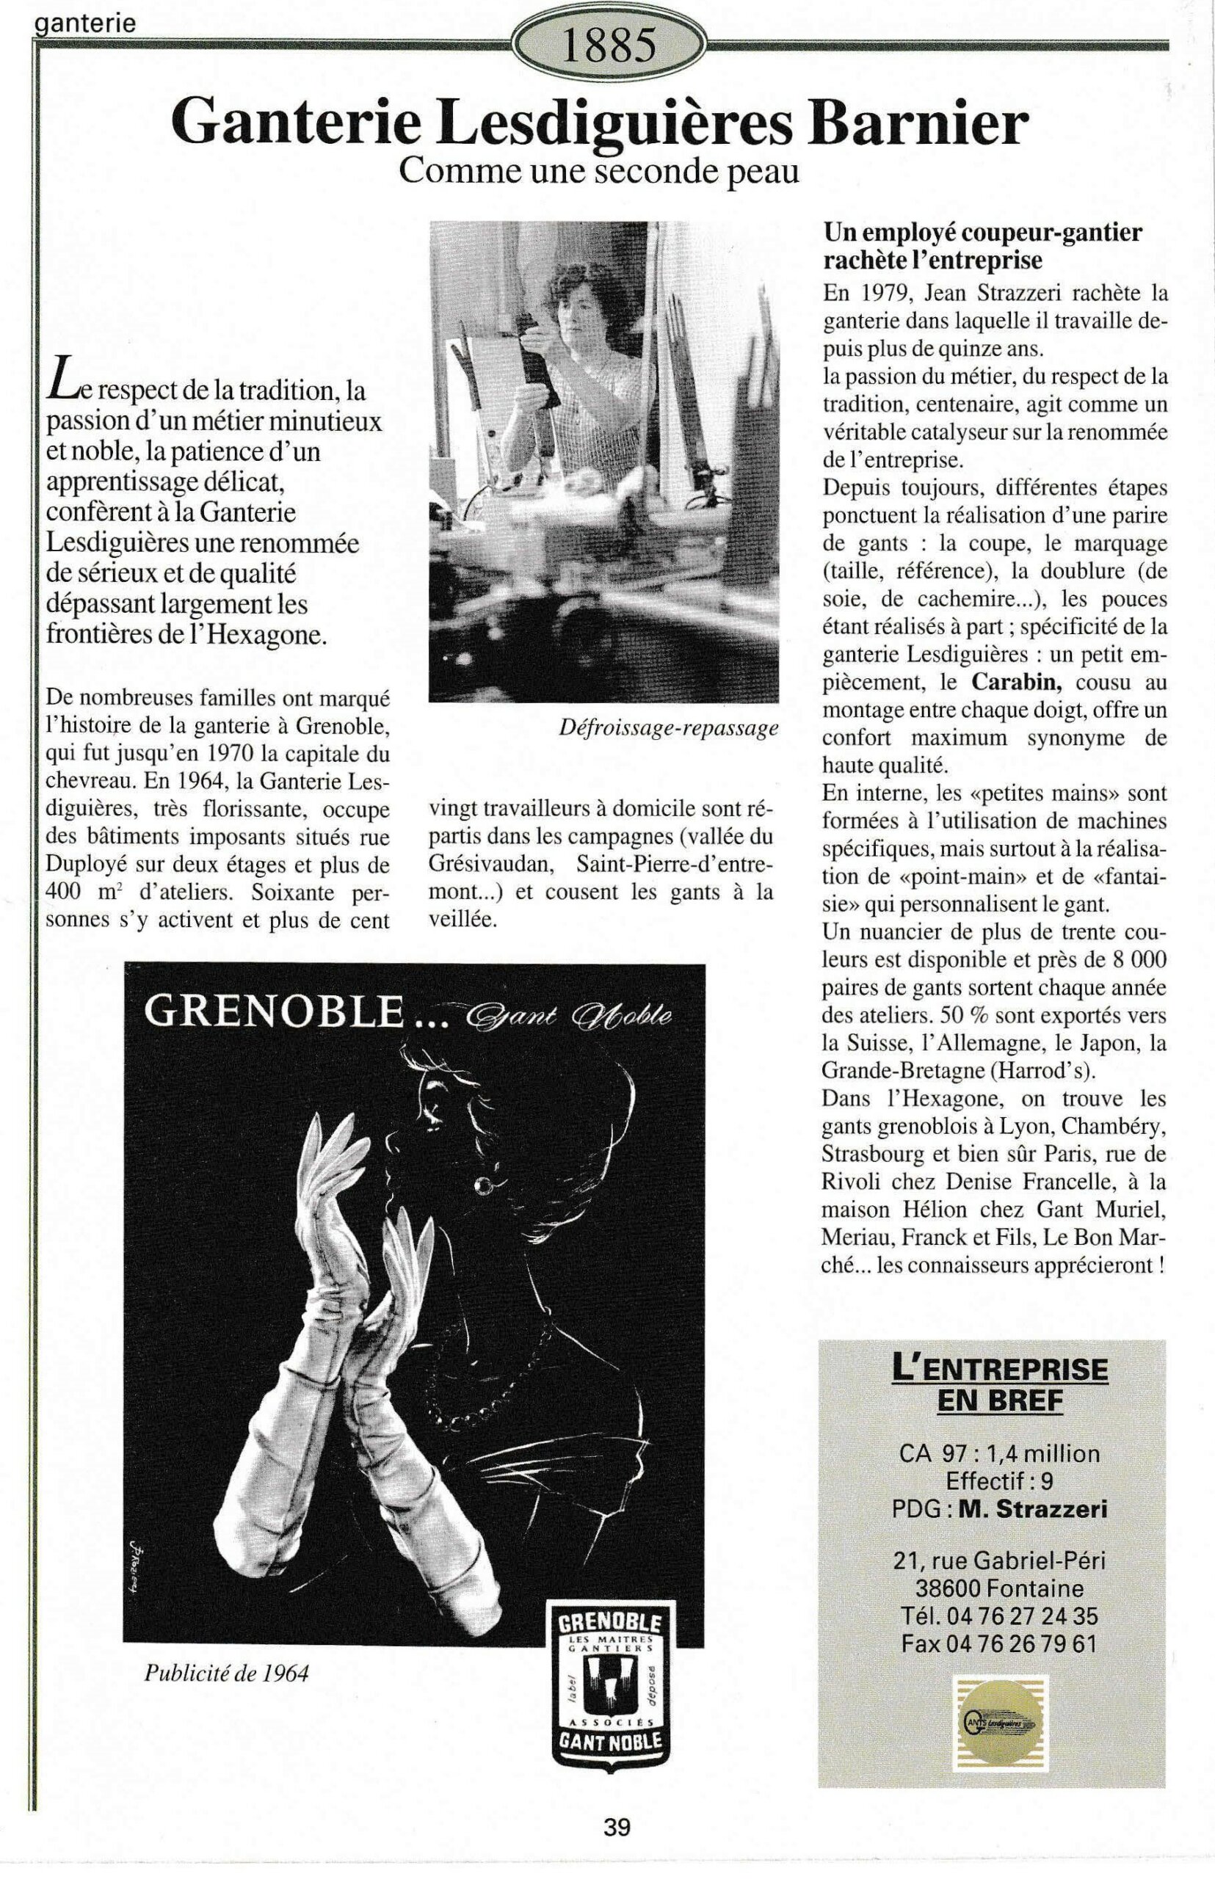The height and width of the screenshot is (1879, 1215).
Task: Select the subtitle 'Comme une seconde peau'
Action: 600,170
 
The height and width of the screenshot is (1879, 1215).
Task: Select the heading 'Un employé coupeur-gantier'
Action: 982,233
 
